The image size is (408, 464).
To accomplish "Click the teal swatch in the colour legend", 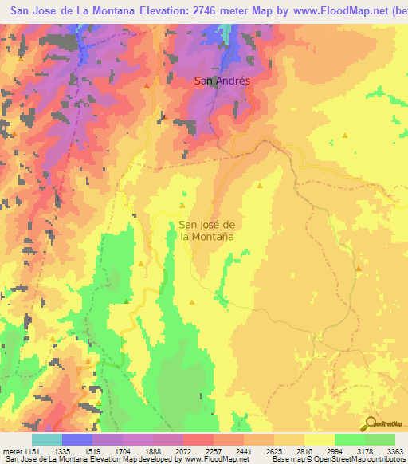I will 47,440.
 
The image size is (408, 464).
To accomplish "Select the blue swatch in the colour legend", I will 77,440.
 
